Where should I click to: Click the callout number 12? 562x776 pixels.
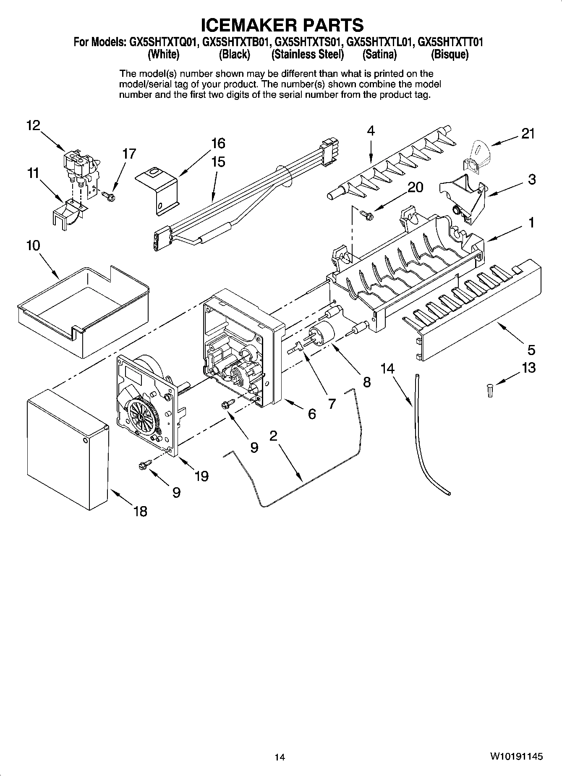(x=33, y=125)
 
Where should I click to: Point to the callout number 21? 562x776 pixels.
(x=528, y=134)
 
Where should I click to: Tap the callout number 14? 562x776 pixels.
(x=387, y=368)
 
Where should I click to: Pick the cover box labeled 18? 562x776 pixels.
(x=67, y=449)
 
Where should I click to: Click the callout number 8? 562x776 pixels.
(x=367, y=382)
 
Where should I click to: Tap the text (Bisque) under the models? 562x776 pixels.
(x=450, y=55)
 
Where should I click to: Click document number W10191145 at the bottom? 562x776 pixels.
(x=516, y=757)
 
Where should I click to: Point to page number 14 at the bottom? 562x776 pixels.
(x=280, y=757)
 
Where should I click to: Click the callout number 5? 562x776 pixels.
(x=531, y=350)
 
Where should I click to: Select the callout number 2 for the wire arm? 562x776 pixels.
(x=273, y=436)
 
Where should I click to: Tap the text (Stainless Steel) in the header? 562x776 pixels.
(x=308, y=55)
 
